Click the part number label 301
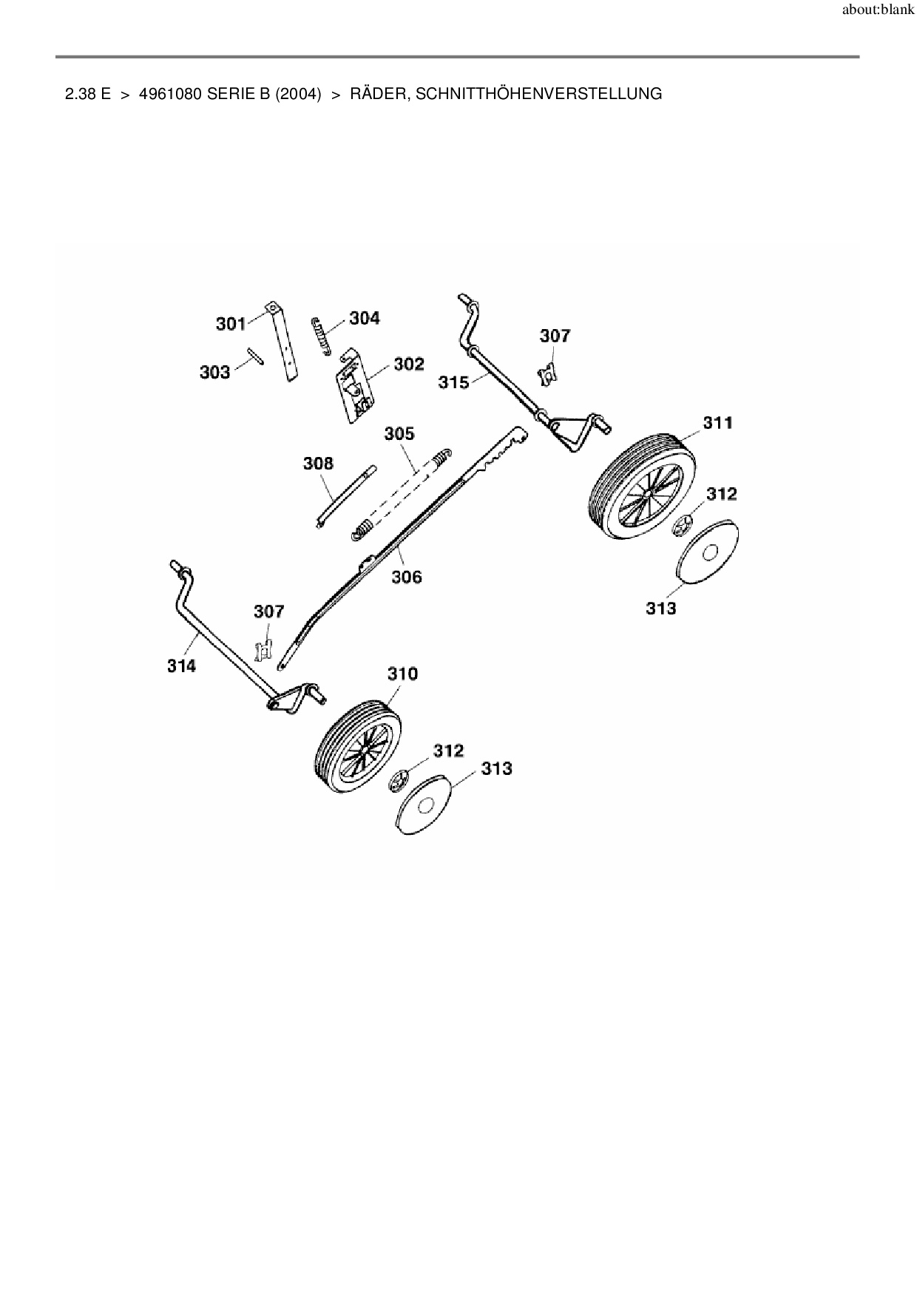tap(231, 324)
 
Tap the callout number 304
tap(365, 318)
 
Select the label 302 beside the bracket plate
tap(409, 364)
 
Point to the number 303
tap(214, 372)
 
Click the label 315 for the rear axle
tap(453, 382)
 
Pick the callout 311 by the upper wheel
tap(717, 422)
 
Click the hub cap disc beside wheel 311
tap(708, 552)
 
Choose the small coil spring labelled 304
tap(320, 336)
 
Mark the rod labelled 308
tap(346, 495)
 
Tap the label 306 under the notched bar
tap(406, 577)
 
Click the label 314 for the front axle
tap(181, 666)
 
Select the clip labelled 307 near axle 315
tap(547, 374)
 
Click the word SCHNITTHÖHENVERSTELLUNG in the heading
tap(539, 94)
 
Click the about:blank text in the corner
tap(878, 11)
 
